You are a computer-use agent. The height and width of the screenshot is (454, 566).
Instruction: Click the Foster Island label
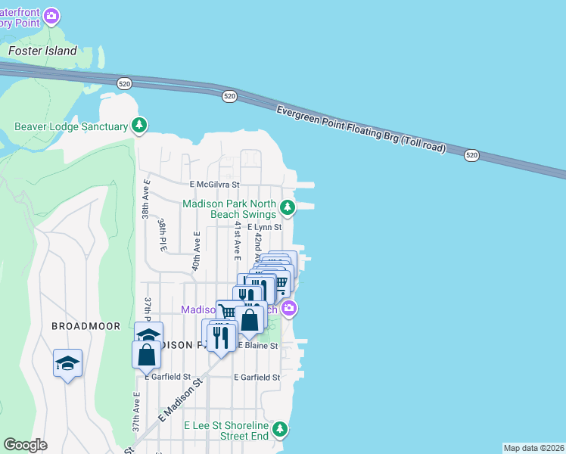[42, 51]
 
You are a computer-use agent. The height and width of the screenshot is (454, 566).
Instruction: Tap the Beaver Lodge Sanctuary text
[72, 126]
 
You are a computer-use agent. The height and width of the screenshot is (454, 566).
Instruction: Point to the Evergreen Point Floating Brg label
[361, 129]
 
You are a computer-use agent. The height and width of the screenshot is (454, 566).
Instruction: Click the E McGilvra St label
[214, 184]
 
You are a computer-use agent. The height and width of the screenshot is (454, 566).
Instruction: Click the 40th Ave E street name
[195, 251]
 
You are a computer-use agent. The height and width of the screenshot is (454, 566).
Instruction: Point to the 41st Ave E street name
[237, 238]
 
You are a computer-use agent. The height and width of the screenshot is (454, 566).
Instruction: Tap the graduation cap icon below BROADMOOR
[67, 363]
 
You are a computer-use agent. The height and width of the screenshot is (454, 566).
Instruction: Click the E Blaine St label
[258, 345]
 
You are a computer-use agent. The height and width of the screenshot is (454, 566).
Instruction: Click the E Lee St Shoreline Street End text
[226, 431]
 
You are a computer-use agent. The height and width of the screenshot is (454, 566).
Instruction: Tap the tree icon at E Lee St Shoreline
[281, 430]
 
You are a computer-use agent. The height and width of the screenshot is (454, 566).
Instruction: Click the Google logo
[26, 445]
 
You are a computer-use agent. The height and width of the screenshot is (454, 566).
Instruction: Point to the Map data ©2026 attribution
[533, 448]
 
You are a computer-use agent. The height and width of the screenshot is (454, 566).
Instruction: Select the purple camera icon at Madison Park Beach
[288, 309]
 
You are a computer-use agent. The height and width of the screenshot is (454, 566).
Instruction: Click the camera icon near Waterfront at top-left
[51, 15]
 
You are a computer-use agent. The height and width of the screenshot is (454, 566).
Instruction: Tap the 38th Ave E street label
[146, 199]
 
